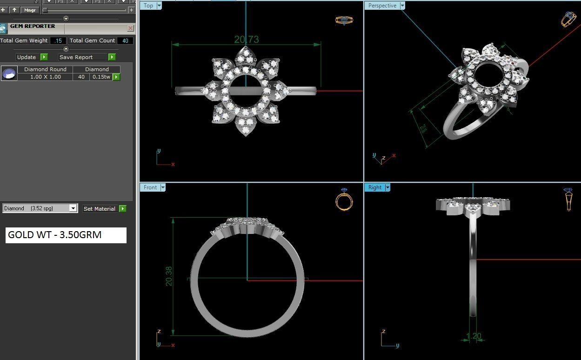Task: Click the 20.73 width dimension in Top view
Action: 246,40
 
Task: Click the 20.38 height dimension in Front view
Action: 169,276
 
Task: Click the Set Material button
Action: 104,209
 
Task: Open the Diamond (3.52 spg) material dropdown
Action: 73,208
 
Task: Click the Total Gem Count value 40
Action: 125,41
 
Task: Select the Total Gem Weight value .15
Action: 58,41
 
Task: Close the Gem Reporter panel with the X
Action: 130,28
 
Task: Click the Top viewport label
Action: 148,6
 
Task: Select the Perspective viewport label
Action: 382,6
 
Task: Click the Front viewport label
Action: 150,187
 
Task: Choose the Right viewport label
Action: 374,187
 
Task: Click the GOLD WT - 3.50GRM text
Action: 55,235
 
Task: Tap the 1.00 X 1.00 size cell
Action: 45,77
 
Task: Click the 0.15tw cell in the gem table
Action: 101,77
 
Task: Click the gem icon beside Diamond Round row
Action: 9,73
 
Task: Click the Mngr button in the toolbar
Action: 30,10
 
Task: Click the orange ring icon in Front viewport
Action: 344,201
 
